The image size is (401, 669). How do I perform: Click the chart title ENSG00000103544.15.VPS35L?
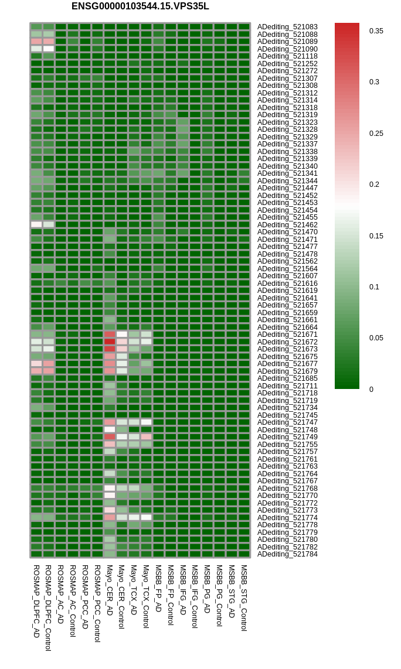coord(140,6)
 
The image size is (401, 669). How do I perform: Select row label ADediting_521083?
coord(287,27)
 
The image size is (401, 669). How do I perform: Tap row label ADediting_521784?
coord(287,554)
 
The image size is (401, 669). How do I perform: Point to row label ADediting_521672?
coord(287,342)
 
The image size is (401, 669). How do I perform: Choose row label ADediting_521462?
coord(287,225)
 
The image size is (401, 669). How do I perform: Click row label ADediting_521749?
coord(287,437)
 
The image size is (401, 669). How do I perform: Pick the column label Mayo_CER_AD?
coord(109,590)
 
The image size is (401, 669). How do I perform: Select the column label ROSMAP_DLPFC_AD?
coord(36,602)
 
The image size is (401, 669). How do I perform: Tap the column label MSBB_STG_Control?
coord(244,598)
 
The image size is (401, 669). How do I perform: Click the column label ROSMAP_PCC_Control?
coord(97,603)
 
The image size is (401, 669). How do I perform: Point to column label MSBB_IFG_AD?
coord(183,590)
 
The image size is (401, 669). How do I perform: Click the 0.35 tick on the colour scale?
coord(376,30)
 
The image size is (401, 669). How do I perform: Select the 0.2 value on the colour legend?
coord(374,185)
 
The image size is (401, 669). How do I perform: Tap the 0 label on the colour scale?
coord(371,389)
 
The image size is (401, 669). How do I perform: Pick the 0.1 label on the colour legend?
coord(374,286)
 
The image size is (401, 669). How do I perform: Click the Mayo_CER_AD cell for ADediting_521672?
coord(110,342)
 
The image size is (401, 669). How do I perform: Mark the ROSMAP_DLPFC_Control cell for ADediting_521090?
coord(49,49)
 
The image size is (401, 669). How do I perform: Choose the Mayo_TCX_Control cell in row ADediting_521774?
coord(147,517)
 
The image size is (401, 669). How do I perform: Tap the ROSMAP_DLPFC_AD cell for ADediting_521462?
coord(36,224)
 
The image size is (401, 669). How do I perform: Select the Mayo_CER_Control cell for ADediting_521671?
coord(122,334)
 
